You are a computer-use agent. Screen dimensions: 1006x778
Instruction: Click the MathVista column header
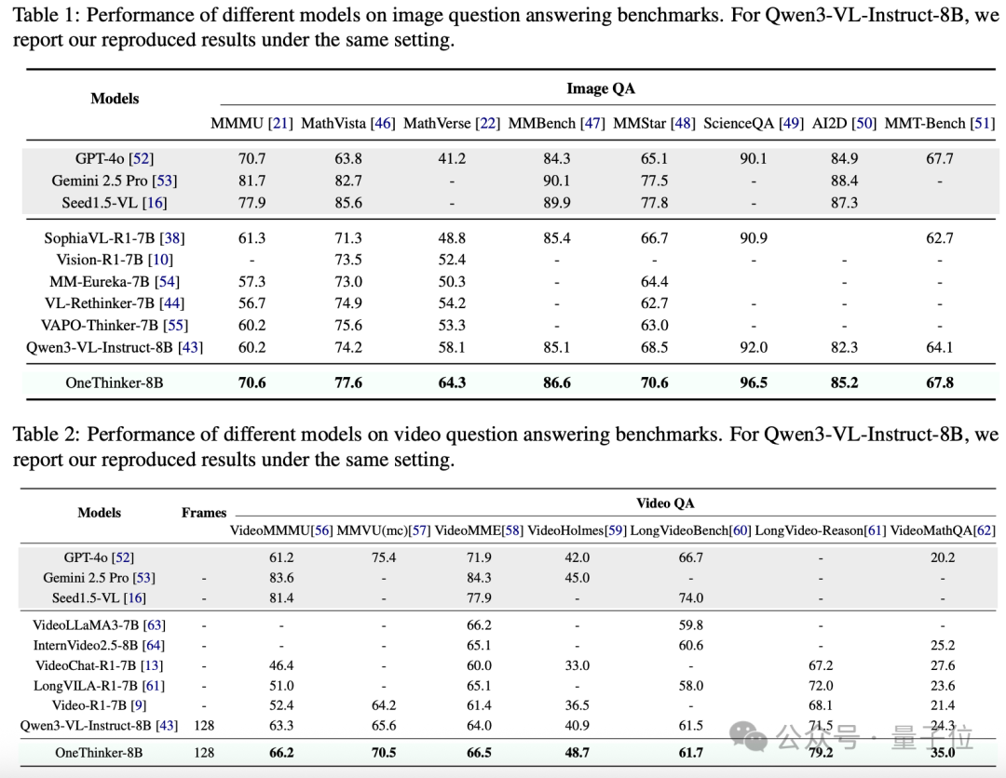pyautogui.click(x=347, y=123)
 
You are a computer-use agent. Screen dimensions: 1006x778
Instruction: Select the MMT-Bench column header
pyautogui.click(x=939, y=123)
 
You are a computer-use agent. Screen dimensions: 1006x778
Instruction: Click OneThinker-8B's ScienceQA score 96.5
pyautogui.click(x=754, y=382)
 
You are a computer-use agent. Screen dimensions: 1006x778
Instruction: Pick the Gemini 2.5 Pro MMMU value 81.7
pyautogui.click(x=251, y=181)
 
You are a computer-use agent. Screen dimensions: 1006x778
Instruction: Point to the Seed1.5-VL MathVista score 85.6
pyautogui.click(x=348, y=203)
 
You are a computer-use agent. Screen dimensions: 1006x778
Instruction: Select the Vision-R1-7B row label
pyautogui.click(x=115, y=260)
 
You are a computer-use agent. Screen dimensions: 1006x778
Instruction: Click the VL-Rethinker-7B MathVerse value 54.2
pyautogui.click(x=452, y=303)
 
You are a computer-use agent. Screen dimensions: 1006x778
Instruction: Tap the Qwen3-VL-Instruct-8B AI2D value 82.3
pyautogui.click(x=844, y=347)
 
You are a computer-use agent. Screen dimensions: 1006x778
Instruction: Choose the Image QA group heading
pyautogui.click(x=601, y=88)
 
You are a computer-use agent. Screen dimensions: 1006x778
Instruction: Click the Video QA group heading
pyautogui.click(x=665, y=503)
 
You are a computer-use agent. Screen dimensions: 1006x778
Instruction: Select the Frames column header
pyautogui.click(x=204, y=513)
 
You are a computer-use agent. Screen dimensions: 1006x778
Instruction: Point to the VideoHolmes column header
pyautogui.click(x=577, y=530)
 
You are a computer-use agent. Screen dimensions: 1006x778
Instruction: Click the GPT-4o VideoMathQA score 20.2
pyautogui.click(x=943, y=557)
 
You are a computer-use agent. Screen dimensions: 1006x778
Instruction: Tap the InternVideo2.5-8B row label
pyautogui.click(x=99, y=645)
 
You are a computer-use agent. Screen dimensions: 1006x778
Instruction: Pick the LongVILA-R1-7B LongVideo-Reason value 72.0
pyautogui.click(x=821, y=686)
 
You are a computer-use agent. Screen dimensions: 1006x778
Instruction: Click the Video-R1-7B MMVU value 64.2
pyautogui.click(x=384, y=705)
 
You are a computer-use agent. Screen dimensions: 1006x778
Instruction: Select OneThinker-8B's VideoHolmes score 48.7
pyautogui.click(x=577, y=752)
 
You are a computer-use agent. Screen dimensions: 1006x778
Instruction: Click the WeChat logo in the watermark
pyautogui.click(x=748, y=736)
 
